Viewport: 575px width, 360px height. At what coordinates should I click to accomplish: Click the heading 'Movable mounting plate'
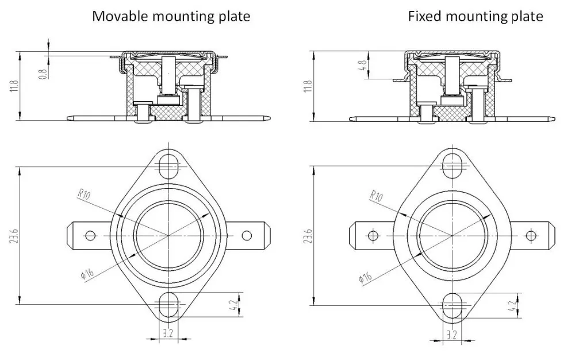point(171,16)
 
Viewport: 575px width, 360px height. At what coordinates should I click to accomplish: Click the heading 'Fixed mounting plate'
point(475,16)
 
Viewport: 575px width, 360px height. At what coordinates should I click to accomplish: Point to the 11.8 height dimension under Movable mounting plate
point(14,86)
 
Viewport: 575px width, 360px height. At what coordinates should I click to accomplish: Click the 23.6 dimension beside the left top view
point(14,236)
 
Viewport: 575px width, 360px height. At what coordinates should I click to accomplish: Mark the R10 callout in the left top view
point(84,194)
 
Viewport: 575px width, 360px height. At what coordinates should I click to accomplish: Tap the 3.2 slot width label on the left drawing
point(167,334)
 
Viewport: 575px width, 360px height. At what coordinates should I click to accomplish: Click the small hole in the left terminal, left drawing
point(90,235)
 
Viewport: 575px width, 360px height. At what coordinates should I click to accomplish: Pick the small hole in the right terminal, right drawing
point(531,235)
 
